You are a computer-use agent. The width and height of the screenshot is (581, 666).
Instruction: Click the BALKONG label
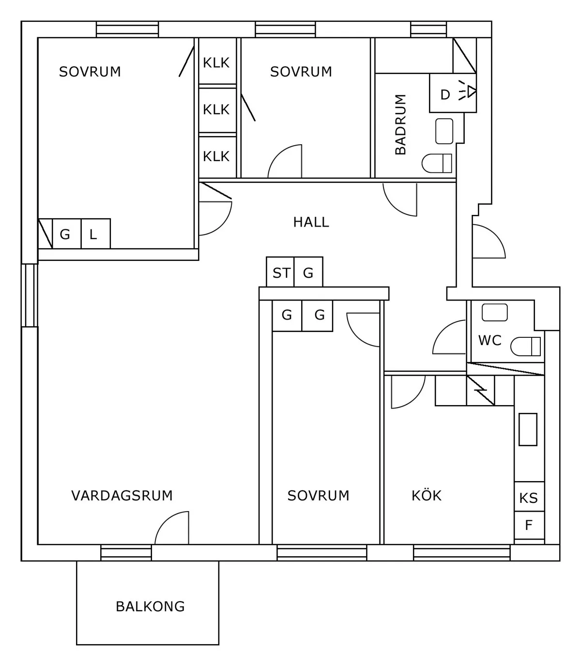pyautogui.click(x=150, y=606)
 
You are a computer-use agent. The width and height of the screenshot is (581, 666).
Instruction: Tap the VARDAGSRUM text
pyautogui.click(x=122, y=496)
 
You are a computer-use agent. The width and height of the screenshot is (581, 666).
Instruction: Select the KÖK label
pyautogui.click(x=427, y=496)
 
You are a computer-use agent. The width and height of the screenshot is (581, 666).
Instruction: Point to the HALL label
pyautogui.click(x=311, y=222)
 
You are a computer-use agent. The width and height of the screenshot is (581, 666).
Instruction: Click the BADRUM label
pyautogui.click(x=400, y=124)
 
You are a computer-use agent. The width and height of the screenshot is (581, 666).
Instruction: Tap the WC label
pyautogui.click(x=489, y=341)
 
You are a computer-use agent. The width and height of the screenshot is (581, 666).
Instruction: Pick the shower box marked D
pyautogui.click(x=445, y=94)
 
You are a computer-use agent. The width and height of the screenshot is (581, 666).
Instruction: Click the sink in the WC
pyautogui.click(x=494, y=312)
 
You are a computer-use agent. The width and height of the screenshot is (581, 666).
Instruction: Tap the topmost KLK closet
pyautogui.click(x=216, y=62)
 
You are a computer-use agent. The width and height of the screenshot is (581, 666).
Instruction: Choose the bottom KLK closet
pyautogui.click(x=216, y=156)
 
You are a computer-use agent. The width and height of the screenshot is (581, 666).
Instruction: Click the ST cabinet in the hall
pyautogui.click(x=280, y=272)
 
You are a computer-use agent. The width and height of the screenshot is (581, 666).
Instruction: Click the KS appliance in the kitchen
pyautogui.click(x=529, y=498)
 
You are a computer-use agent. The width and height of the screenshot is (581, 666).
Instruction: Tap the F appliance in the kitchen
pyautogui.click(x=529, y=525)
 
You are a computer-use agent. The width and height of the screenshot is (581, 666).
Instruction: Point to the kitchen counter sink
pyautogui.click(x=528, y=429)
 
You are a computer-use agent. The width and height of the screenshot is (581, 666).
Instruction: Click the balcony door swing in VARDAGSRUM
pyautogui.click(x=171, y=528)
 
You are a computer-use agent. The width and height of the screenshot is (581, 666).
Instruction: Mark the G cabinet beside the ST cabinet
pyautogui.click(x=308, y=272)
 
